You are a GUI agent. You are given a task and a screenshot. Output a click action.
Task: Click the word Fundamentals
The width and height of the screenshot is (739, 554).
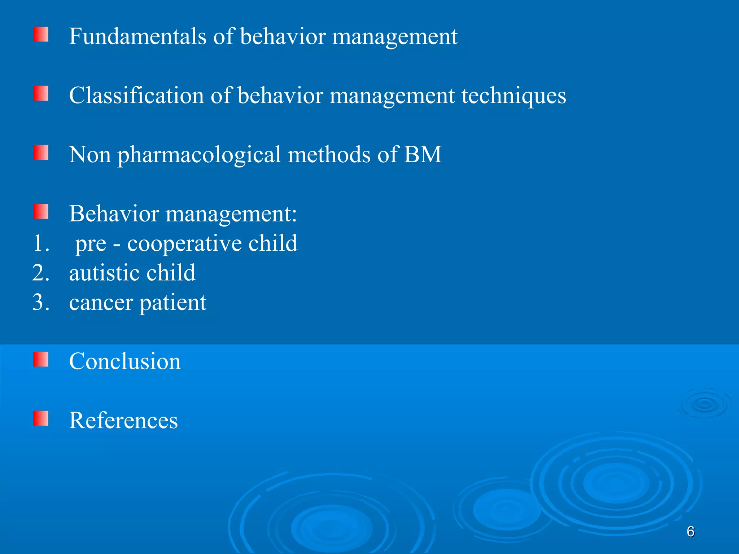(x=137, y=36)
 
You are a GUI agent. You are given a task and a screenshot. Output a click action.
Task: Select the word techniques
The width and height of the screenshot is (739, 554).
(x=514, y=96)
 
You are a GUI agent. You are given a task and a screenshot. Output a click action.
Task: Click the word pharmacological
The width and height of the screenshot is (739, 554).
(x=199, y=155)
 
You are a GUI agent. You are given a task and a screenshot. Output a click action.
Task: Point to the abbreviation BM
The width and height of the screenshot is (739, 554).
(x=423, y=155)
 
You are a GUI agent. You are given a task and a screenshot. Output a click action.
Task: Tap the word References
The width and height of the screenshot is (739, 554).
(x=123, y=420)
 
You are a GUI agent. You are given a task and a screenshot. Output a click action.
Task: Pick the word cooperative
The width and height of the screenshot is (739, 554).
(x=184, y=244)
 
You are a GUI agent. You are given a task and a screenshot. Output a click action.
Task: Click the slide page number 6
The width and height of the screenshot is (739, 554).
(x=690, y=532)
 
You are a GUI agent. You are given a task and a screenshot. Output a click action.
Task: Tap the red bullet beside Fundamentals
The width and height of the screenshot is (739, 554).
(x=41, y=34)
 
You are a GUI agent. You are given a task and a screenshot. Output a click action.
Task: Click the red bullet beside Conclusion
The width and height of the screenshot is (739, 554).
(x=41, y=359)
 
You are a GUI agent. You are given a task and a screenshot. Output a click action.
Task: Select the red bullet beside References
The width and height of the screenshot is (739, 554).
(x=41, y=418)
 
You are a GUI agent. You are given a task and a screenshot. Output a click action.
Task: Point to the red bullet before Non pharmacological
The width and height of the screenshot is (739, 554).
(x=41, y=153)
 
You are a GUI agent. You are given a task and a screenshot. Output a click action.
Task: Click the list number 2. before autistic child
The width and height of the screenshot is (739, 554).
(x=41, y=273)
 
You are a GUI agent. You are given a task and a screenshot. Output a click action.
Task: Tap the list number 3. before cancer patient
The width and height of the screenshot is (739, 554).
(x=41, y=302)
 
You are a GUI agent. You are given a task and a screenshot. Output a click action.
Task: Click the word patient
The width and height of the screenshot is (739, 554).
(x=173, y=303)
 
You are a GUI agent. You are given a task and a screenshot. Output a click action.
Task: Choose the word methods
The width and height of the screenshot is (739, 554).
(x=329, y=155)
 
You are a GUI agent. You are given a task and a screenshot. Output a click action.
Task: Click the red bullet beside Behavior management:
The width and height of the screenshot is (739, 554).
(x=41, y=211)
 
